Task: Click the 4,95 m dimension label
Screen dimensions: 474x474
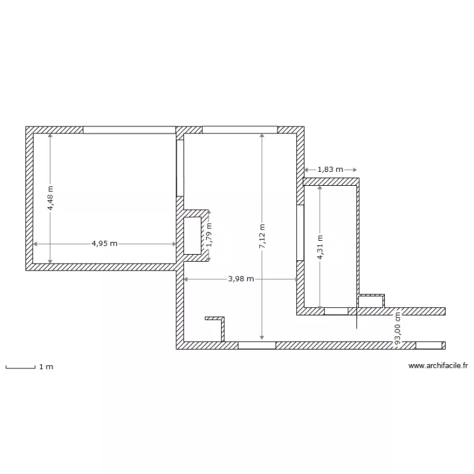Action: pyautogui.click(x=104, y=243)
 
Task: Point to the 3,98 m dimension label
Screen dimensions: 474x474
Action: pyautogui.click(x=241, y=279)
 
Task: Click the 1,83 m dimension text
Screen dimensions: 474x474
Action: pyautogui.click(x=330, y=169)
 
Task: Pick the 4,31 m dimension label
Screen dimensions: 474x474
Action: pyautogui.click(x=320, y=246)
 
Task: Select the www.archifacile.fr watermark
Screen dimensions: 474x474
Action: pyautogui.click(x=437, y=365)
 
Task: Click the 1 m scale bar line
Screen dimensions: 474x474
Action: pyautogui.click(x=20, y=367)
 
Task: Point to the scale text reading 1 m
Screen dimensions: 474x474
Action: pyautogui.click(x=46, y=367)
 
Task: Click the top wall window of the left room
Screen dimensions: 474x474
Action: pyautogui.click(x=129, y=130)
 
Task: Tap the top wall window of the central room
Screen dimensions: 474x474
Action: pyautogui.click(x=239, y=130)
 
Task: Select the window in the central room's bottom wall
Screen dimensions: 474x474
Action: pyautogui.click(x=257, y=345)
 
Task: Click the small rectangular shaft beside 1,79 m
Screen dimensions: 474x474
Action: pyautogui.click(x=192, y=236)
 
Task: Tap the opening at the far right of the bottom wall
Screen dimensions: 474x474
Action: pyautogui.click(x=430, y=345)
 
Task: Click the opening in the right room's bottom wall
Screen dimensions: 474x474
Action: pyautogui.click(x=336, y=311)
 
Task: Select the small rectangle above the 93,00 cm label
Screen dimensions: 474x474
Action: pyautogui.click(x=371, y=302)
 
